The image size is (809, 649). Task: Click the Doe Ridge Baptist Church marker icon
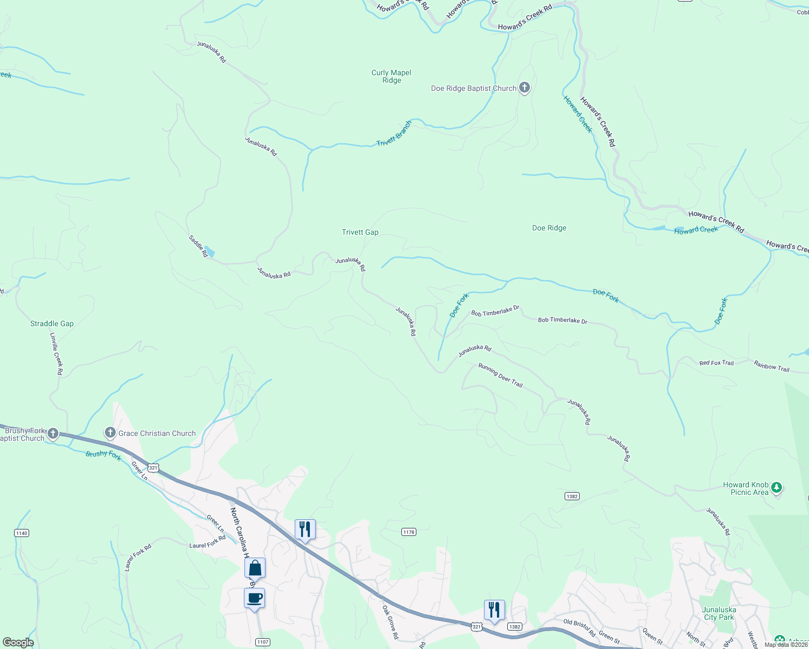pyautogui.click(x=524, y=88)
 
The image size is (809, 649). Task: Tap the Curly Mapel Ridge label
pyautogui.click(x=392, y=76)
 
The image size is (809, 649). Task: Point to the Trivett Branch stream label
pyautogui.click(x=394, y=133)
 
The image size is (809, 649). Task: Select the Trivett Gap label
pyautogui.click(x=360, y=232)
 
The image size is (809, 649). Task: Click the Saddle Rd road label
pyautogui.click(x=198, y=246)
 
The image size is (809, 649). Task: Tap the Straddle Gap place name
pyautogui.click(x=52, y=323)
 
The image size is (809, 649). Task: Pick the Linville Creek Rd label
pyautogui.click(x=57, y=354)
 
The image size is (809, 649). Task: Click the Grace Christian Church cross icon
pyautogui.click(x=110, y=433)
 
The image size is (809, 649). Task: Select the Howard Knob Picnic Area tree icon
pyautogui.click(x=777, y=488)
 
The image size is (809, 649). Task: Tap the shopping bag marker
pyautogui.click(x=255, y=568)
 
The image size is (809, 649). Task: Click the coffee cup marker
pyautogui.click(x=254, y=599)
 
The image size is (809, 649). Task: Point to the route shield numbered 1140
pyautogui.click(x=22, y=533)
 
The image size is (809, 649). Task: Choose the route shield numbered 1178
pyautogui.click(x=409, y=532)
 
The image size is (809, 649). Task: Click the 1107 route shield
pyautogui.click(x=262, y=642)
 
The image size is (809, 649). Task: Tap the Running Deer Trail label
pyautogui.click(x=501, y=375)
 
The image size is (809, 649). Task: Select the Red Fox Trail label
pyautogui.click(x=717, y=363)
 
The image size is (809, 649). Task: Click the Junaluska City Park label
pyautogui.click(x=719, y=613)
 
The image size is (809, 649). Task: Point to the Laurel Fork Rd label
pyautogui.click(x=208, y=542)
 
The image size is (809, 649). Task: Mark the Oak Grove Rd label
pyautogui.click(x=390, y=622)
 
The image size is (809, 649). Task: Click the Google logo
pyautogui.click(x=18, y=642)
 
